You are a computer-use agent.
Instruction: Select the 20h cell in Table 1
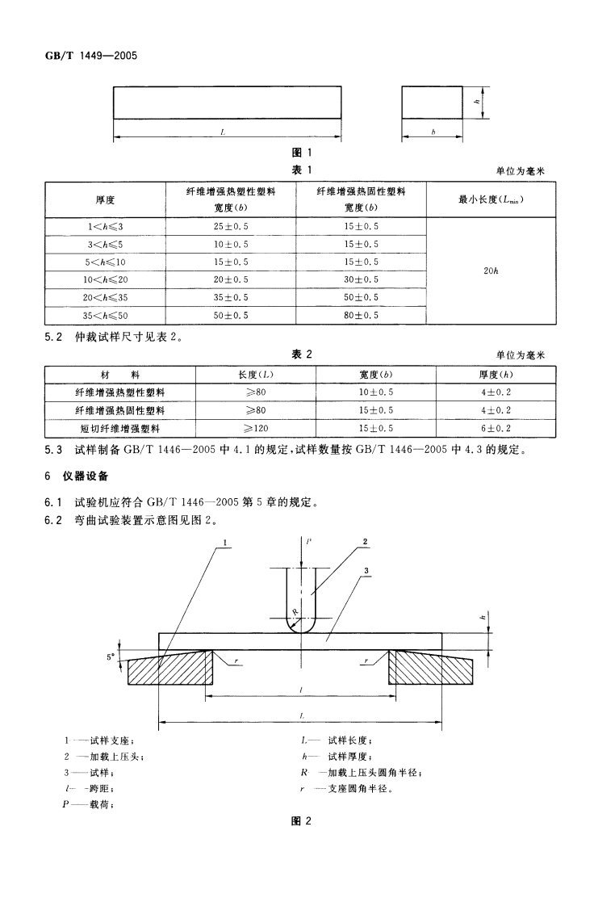click(x=491, y=271)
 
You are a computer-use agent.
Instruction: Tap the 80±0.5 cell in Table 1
click(x=361, y=315)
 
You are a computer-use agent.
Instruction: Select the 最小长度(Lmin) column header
click(x=491, y=199)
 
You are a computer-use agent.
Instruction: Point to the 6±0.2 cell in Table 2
click(x=496, y=428)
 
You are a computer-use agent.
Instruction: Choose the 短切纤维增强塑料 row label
click(x=120, y=428)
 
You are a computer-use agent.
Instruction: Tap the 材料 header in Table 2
click(x=120, y=375)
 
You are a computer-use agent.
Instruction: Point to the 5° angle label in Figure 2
click(x=111, y=657)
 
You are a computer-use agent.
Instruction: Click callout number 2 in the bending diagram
click(x=366, y=542)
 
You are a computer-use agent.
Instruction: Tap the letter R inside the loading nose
click(x=296, y=612)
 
